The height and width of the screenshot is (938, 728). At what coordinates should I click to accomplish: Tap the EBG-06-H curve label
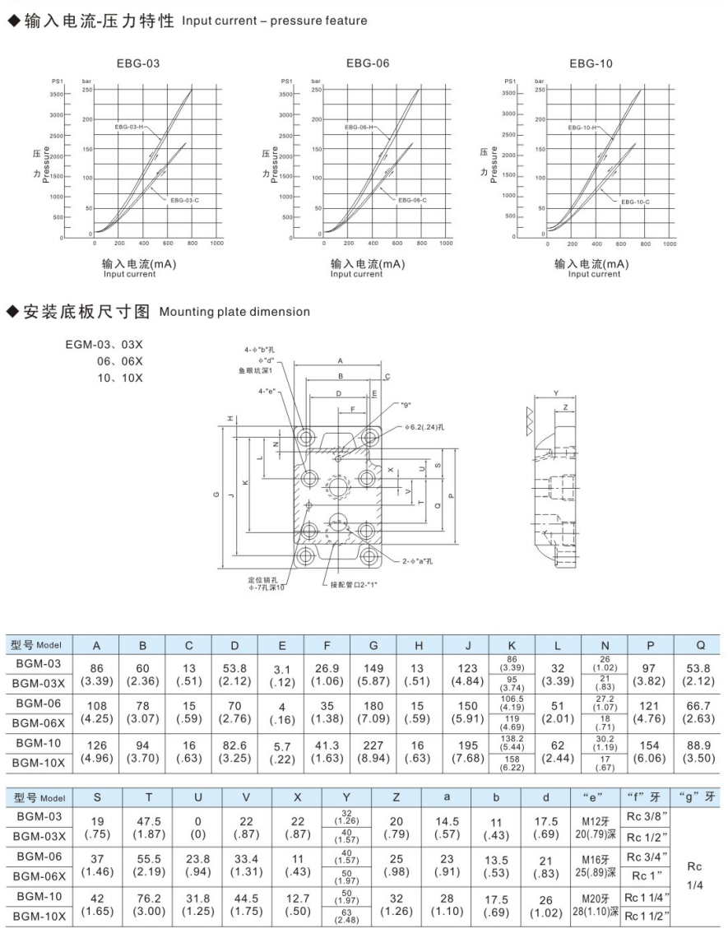point(359,128)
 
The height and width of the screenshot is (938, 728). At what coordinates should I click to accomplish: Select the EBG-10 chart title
point(591,63)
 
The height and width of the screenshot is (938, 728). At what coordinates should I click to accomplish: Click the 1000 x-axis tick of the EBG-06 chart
point(445,244)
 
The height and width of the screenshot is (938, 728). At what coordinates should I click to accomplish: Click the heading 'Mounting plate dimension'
point(234,312)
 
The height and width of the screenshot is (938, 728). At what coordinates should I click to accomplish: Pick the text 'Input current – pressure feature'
point(275,20)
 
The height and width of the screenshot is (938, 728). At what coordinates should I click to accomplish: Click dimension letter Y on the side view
point(557,393)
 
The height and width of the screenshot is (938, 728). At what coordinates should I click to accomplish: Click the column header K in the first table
point(512,645)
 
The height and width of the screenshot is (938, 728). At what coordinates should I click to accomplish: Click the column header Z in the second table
point(396,798)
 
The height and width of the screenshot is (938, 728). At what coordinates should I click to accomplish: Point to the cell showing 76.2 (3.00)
point(148,903)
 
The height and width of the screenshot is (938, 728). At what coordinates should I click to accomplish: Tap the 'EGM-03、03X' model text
point(104,346)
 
